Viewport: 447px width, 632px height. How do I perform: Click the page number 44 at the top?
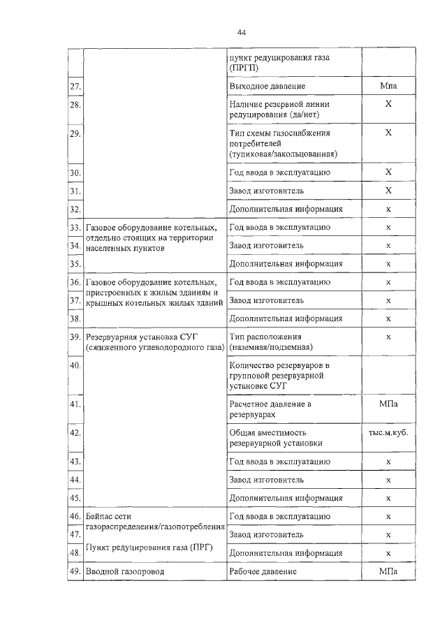(242, 33)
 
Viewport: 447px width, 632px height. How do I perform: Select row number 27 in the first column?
(75, 87)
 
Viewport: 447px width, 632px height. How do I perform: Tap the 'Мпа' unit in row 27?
(388, 86)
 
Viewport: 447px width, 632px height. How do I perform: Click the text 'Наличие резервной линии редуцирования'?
(276, 110)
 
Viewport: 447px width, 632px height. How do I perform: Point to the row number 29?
(75, 133)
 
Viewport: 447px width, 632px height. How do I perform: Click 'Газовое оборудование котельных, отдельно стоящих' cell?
(151, 237)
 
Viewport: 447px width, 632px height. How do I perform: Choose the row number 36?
(75, 282)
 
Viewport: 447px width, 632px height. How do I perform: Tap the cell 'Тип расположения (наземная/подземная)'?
(272, 341)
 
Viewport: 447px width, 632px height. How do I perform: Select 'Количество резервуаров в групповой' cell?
(279, 375)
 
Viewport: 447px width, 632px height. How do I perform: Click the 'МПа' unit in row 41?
(388, 404)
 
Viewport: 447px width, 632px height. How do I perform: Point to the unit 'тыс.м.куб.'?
(388, 432)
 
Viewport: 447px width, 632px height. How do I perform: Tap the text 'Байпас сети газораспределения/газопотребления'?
(154, 521)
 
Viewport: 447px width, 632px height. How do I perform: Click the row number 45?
(75, 498)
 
